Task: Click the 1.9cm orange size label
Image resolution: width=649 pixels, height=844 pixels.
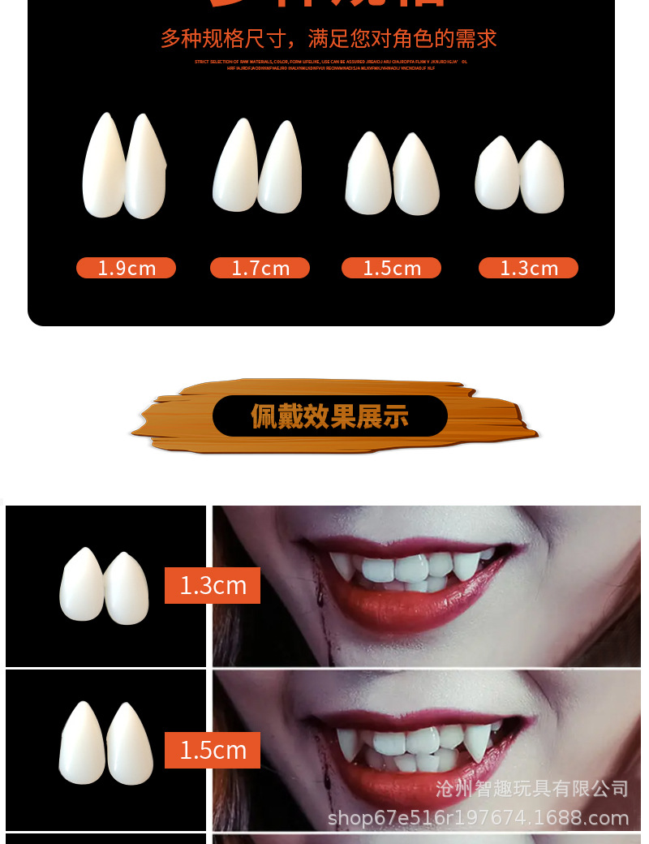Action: [126, 268]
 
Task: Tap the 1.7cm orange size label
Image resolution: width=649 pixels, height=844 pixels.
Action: [260, 268]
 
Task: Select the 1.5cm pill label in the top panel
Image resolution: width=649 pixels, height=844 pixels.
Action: [391, 268]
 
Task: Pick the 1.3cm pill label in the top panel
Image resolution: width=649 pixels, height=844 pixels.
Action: [528, 268]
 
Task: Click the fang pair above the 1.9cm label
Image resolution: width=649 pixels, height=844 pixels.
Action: [124, 166]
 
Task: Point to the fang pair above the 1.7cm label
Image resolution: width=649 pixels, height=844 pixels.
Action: [257, 166]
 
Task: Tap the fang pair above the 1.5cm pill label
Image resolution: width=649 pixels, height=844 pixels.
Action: [392, 173]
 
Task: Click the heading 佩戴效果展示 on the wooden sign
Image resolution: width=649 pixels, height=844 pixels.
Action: [329, 416]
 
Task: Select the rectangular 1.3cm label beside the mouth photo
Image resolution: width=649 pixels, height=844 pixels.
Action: [213, 585]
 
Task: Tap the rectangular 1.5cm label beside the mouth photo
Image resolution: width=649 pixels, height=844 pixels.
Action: [213, 750]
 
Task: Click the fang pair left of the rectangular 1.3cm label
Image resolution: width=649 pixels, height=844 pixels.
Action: [104, 587]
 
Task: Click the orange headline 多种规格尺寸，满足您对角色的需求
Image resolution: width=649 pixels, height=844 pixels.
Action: [329, 38]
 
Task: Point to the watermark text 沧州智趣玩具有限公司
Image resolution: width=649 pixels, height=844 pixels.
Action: [531, 788]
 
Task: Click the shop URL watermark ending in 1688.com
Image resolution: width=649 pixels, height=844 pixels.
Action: [478, 817]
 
